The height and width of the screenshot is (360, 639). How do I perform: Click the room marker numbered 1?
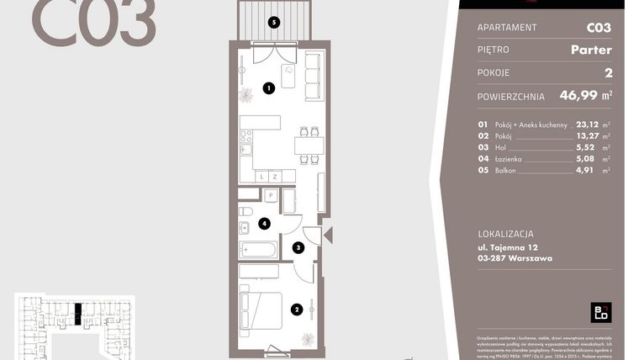click(268, 87)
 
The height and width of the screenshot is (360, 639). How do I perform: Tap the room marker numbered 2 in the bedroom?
click(296, 309)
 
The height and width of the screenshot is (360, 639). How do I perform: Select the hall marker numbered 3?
click(298, 247)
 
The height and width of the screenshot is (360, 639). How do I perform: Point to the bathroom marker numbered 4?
click(264, 224)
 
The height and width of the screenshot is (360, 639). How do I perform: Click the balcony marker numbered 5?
click(272, 22)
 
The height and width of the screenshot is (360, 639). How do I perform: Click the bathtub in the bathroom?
click(259, 249)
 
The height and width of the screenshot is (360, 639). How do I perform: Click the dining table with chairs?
click(308, 146)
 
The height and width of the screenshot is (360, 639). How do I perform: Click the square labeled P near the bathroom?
click(271, 196)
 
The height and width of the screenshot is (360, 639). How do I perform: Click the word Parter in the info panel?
click(590, 50)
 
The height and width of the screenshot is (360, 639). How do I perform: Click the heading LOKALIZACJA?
click(505, 234)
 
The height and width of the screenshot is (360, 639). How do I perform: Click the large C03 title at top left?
click(93, 23)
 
